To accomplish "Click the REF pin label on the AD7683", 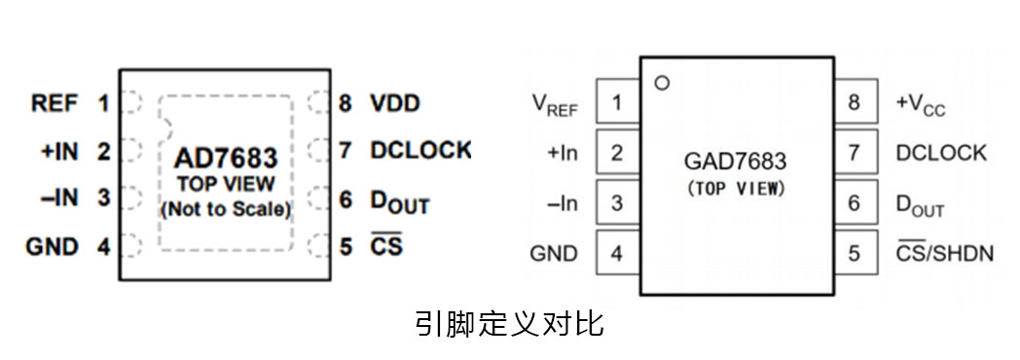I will tap(55, 102).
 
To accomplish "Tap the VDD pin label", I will tap(394, 102).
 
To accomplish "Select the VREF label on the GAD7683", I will tap(555, 103).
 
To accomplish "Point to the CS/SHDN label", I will tap(944, 253).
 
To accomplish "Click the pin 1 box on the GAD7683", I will tap(617, 102).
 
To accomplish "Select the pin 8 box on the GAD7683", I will tap(855, 102).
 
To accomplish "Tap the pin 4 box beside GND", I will tap(617, 253).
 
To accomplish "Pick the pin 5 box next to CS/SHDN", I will tap(855, 253).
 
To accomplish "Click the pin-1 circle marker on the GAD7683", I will tap(663, 83).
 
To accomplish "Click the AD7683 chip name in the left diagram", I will tap(226, 158).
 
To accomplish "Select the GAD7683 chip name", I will tap(736, 161).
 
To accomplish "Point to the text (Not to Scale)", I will tap(226, 207).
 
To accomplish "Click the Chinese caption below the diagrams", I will tap(509, 323).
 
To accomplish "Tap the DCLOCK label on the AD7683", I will tap(419, 151).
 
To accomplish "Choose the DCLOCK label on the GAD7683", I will tap(941, 153).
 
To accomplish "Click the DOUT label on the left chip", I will tap(399, 201).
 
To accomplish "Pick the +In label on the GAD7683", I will tap(563, 153).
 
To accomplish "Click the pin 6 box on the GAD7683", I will tap(855, 202).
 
